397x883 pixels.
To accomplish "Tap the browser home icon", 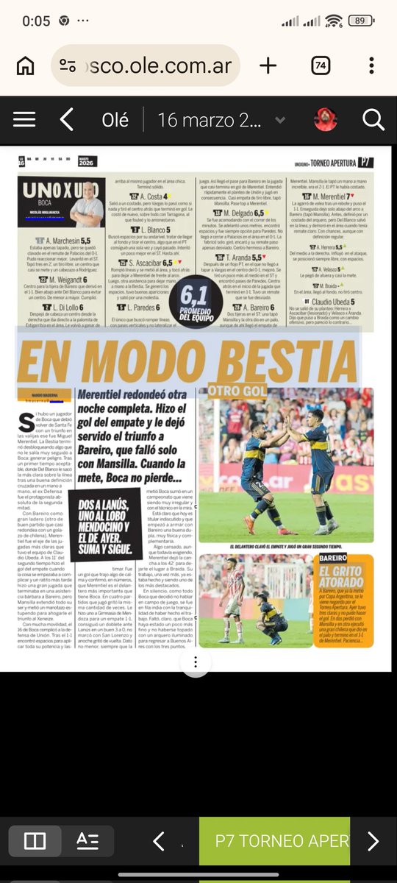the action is pyautogui.click(x=25, y=65).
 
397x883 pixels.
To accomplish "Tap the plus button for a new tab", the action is pyautogui.click(x=268, y=65).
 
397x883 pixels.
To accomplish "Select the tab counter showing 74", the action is pyautogui.click(x=321, y=65).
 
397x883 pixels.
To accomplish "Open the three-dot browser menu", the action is pyautogui.click(x=372, y=65).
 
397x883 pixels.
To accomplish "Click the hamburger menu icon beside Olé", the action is pyautogui.click(x=24, y=119).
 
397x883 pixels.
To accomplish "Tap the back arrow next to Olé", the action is pyautogui.click(x=67, y=119).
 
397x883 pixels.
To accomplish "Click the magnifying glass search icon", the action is pyautogui.click(x=373, y=119).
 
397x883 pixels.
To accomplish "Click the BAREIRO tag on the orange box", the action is pyautogui.click(x=338, y=559).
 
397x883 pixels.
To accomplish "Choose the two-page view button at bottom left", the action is pyautogui.click(x=35, y=841).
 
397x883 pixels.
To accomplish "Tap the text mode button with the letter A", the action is pyautogui.click(x=87, y=841).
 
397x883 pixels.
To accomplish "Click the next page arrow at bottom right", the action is pyautogui.click(x=373, y=841).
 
